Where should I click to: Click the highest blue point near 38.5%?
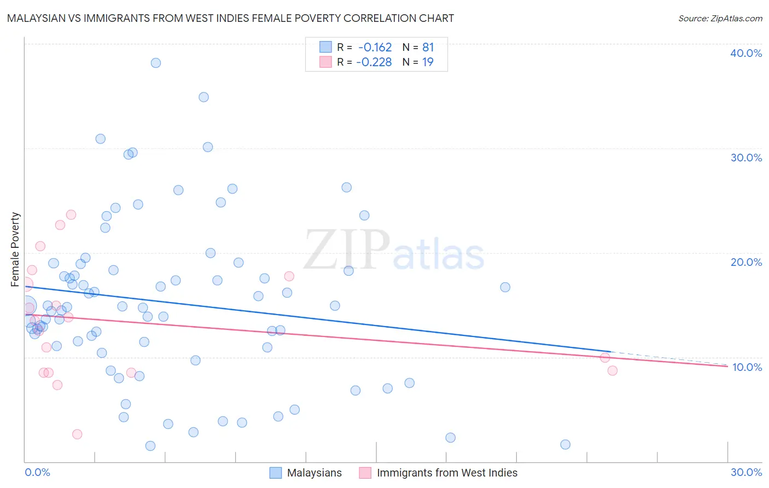click(x=156, y=63)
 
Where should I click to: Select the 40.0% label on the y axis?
click(x=746, y=53)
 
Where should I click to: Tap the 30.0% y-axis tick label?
click(x=746, y=158)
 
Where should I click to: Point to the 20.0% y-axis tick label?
click(x=746, y=262)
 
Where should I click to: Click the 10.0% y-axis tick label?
click(x=747, y=367)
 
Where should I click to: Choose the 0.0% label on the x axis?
click(x=37, y=472)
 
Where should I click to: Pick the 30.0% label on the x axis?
click(x=746, y=472)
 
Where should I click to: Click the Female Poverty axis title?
click(x=15, y=249)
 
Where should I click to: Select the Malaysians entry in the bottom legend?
click(x=314, y=473)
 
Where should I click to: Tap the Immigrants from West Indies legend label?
click(x=447, y=473)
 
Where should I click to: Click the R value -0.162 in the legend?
click(x=375, y=48)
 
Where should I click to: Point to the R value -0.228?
click(x=374, y=62)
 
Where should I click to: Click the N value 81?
click(x=428, y=48)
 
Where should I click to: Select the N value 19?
click(x=428, y=62)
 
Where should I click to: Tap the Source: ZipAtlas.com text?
click(x=720, y=19)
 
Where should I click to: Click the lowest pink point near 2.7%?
click(x=77, y=434)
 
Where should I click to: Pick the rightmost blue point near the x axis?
click(x=566, y=444)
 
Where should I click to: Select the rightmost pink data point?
click(x=613, y=370)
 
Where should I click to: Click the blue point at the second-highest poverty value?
click(x=203, y=97)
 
